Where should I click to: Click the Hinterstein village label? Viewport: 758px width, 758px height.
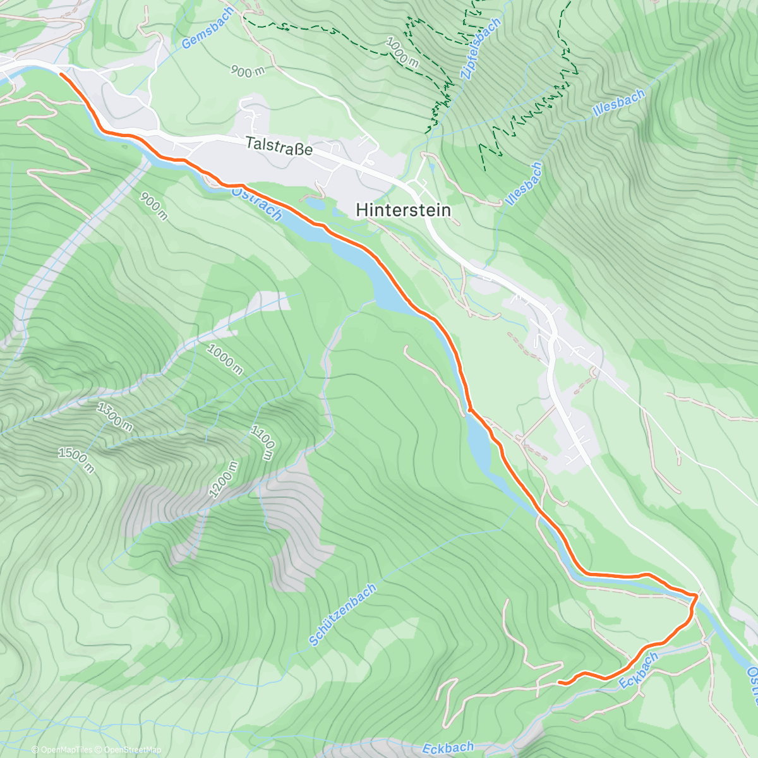(x=404, y=210)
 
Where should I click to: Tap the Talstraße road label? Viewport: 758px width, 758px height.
(x=279, y=146)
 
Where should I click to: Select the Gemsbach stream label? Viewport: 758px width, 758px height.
(x=207, y=29)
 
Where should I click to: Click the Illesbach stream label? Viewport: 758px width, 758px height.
(x=618, y=103)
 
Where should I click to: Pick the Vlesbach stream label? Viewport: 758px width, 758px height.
(x=524, y=184)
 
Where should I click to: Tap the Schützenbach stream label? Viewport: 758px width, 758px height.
(x=342, y=615)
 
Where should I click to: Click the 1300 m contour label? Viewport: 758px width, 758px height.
(x=114, y=417)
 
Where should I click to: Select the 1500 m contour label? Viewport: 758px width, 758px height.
(x=76, y=460)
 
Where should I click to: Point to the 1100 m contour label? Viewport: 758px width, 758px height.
(x=263, y=442)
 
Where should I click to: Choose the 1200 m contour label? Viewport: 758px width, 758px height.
(x=224, y=479)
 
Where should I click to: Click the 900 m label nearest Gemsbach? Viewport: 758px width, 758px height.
(x=247, y=71)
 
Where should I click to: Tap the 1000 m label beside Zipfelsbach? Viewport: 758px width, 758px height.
(x=402, y=51)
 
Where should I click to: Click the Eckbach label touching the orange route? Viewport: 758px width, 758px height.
(x=638, y=670)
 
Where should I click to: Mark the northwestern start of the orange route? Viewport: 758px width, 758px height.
(x=61, y=74)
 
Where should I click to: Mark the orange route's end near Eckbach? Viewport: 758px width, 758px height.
(x=560, y=682)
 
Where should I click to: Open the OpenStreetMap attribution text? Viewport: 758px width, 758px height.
(x=129, y=750)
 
